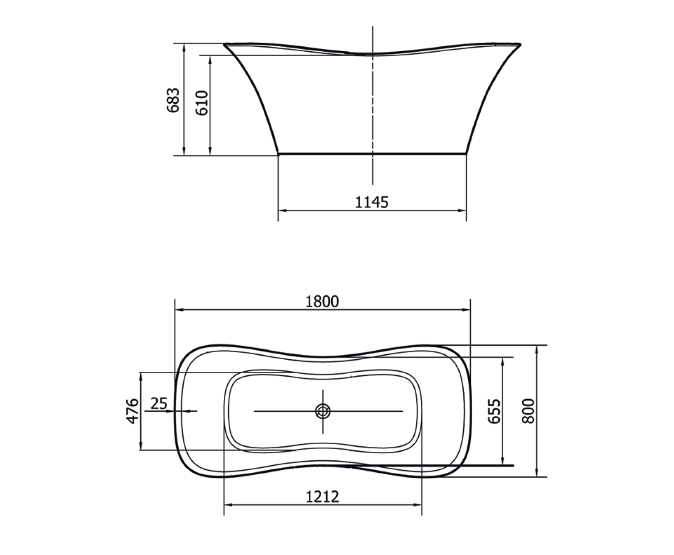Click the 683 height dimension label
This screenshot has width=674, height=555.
pyautogui.click(x=173, y=100)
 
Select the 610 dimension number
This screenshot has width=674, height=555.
pyautogui.click(x=202, y=103)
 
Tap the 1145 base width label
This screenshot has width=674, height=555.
pyautogui.click(x=372, y=203)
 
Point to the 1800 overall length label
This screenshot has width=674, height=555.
pyautogui.click(x=322, y=301)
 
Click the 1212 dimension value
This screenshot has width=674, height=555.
pyautogui.click(x=323, y=497)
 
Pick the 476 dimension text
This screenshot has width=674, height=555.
pyautogui.click(x=133, y=411)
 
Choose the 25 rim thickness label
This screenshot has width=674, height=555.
pyautogui.click(x=159, y=403)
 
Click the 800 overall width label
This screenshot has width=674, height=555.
pyautogui.click(x=528, y=411)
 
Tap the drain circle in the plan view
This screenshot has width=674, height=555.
pyautogui.click(x=323, y=411)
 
